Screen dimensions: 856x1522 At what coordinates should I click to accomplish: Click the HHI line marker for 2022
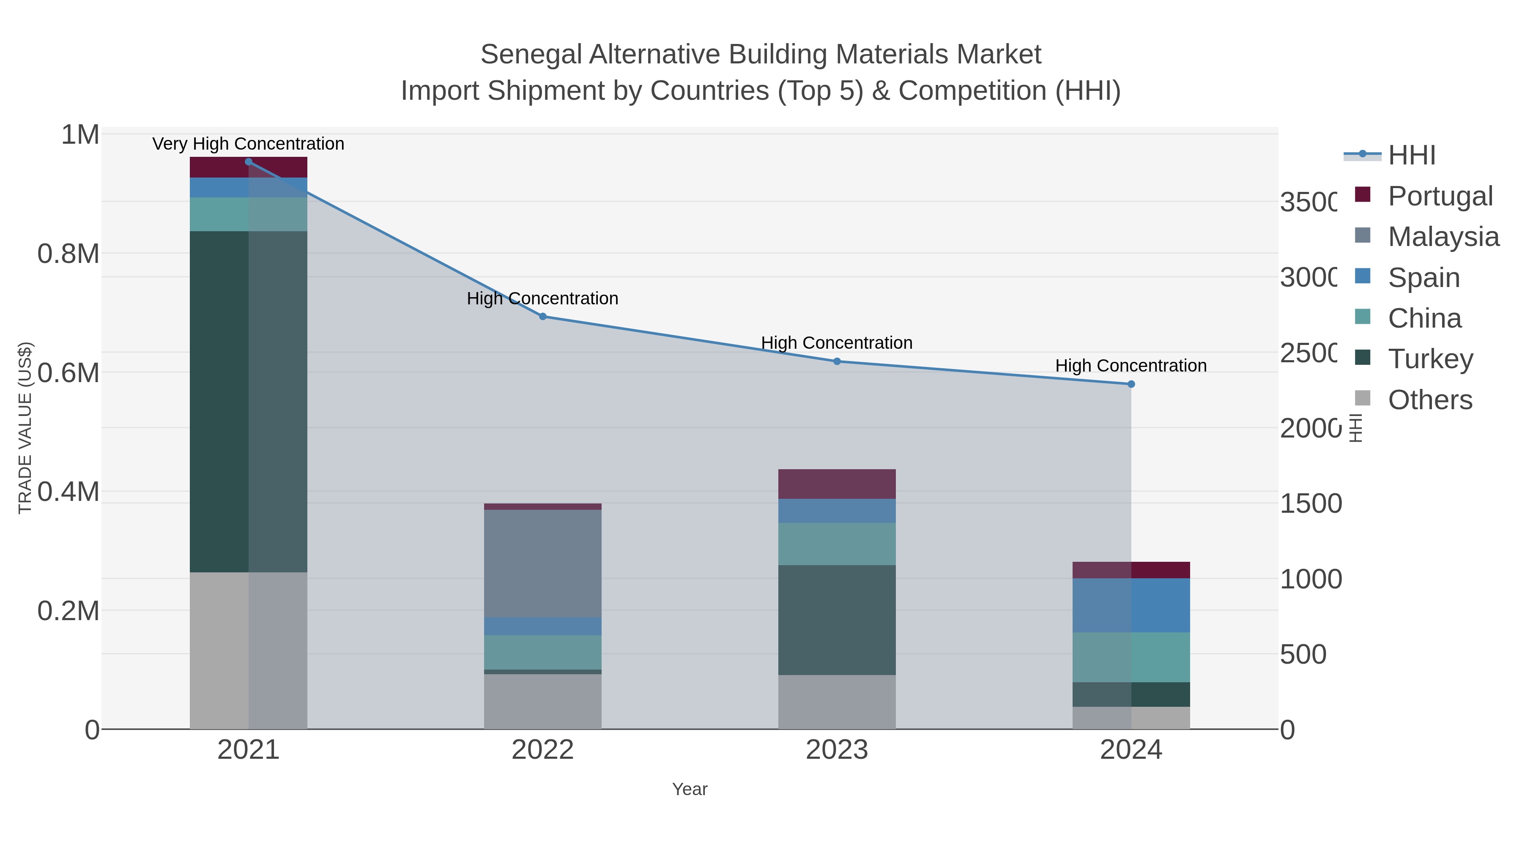(x=542, y=317)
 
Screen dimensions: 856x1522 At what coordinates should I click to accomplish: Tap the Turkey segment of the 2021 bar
(x=248, y=402)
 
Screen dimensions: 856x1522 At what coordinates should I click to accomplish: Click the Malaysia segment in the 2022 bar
(x=542, y=563)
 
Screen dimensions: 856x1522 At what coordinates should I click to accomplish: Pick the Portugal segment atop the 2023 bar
(x=837, y=484)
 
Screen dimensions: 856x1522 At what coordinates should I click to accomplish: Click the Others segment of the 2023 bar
(x=837, y=702)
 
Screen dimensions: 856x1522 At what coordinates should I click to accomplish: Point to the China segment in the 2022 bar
(x=542, y=652)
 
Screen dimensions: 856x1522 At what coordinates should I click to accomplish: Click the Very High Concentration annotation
(x=248, y=144)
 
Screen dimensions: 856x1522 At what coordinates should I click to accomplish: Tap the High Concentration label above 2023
(x=837, y=343)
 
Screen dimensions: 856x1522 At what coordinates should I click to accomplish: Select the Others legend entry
(x=1429, y=400)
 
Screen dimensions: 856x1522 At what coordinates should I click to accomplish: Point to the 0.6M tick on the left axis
(x=68, y=373)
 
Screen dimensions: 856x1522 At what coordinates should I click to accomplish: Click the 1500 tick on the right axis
(x=1311, y=504)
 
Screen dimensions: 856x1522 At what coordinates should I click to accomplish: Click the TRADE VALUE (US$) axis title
(x=25, y=428)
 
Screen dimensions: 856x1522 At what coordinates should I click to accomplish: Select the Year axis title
(x=690, y=789)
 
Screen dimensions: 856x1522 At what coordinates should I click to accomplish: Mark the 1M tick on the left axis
(x=80, y=135)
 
